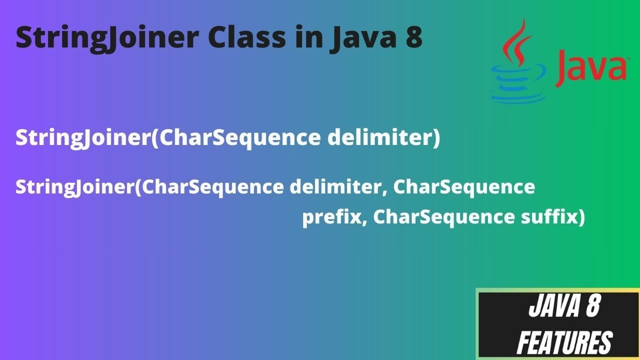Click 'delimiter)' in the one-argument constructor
point(383,138)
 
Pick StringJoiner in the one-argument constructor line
point(83,138)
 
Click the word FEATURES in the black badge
point(564,343)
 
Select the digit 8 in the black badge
point(590,307)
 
